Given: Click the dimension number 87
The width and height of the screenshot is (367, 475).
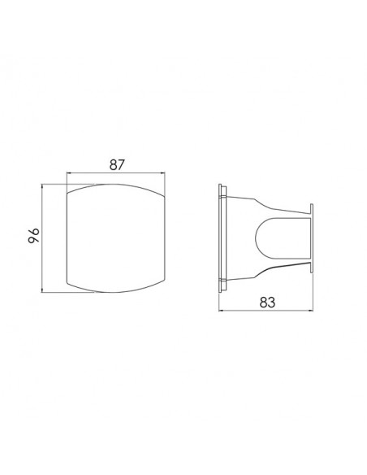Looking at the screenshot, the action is pos(117,164).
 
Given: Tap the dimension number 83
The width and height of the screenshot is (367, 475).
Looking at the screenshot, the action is pos(268,302).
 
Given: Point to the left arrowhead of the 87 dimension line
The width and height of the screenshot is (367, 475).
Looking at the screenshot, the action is pos(68,173).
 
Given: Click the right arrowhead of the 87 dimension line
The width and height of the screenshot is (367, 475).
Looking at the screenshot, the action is pos(163,173).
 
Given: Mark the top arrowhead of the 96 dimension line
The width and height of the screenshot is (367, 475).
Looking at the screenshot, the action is pos(42,186).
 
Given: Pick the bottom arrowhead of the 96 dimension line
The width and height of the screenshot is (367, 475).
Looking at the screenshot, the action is pos(42,290).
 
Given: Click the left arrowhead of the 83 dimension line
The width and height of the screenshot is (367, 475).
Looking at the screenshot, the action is pos(221,310).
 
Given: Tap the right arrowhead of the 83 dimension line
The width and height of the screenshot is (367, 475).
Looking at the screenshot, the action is pos(311,310).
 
